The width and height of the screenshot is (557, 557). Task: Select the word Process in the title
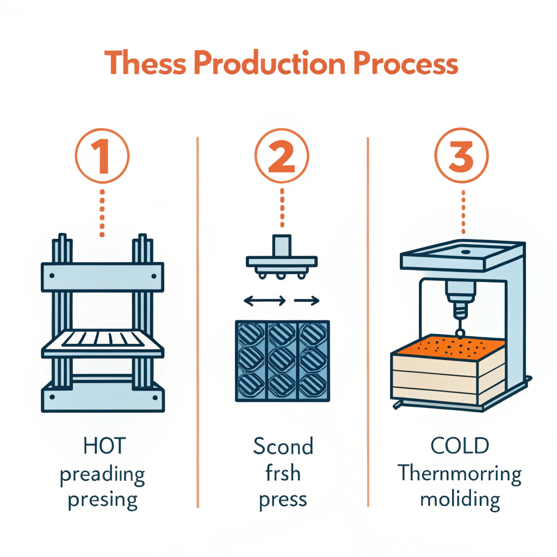coord(407,64)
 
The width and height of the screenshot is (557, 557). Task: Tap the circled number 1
coord(102,156)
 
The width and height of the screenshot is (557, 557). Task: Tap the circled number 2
coord(282,156)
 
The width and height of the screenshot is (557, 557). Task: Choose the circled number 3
coord(462,156)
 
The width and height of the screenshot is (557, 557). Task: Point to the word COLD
coord(460,447)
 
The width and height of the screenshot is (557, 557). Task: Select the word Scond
coord(283,447)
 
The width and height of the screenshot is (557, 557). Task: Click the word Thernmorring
coord(460,473)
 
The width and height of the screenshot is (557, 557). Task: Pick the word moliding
coord(460,499)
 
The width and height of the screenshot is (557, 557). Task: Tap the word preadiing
coord(102,474)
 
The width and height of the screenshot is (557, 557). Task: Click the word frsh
coord(283,473)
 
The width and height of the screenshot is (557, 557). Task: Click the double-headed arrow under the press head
coord(264,300)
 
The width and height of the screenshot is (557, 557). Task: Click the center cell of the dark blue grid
coord(282,360)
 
